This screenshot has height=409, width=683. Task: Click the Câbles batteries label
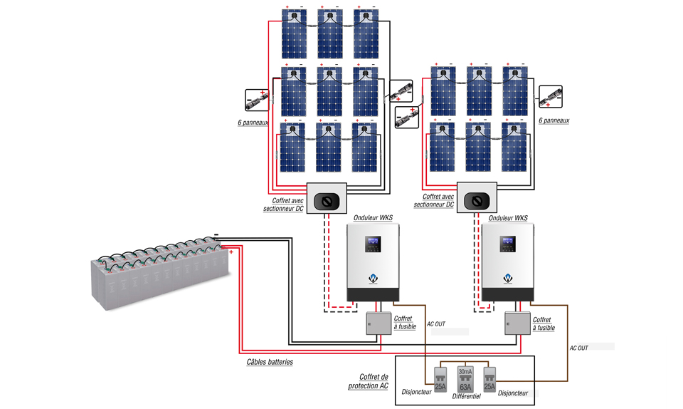[x=270, y=362]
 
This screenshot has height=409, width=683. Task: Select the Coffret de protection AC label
[x=369, y=381]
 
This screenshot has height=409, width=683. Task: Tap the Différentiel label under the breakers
[x=466, y=395]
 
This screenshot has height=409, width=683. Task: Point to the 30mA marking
[x=465, y=372]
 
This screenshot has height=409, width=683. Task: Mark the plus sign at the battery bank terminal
[x=232, y=252]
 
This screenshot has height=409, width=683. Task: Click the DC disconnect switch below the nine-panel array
[x=326, y=201]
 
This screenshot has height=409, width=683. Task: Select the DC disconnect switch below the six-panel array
[x=475, y=201]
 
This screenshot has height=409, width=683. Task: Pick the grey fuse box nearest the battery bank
[x=378, y=323]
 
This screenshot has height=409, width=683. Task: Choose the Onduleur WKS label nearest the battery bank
[x=372, y=217]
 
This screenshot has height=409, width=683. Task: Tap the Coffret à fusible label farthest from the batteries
[x=544, y=324]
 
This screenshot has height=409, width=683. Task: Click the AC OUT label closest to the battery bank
[x=436, y=324]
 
